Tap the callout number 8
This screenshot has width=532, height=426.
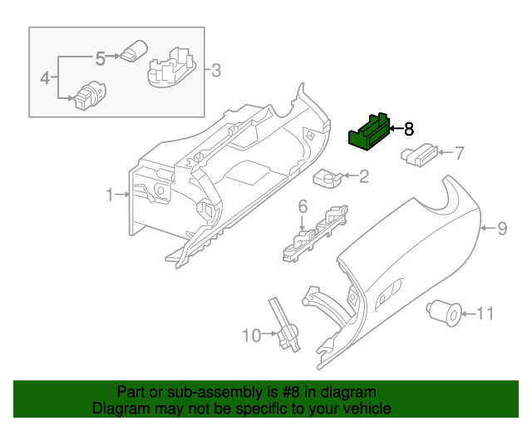pos(407,129)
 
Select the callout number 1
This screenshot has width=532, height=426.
pos(109,195)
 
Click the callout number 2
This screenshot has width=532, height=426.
pos(364,176)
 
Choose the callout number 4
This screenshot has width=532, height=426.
pos(46,78)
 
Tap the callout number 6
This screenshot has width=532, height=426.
pos(303,206)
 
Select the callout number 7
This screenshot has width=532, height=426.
pos(458,152)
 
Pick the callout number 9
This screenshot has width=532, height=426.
pos(501,228)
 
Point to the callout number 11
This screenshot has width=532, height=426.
pos(484,314)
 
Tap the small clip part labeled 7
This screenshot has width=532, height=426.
pos(418,153)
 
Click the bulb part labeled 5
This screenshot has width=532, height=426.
pos(133,52)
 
